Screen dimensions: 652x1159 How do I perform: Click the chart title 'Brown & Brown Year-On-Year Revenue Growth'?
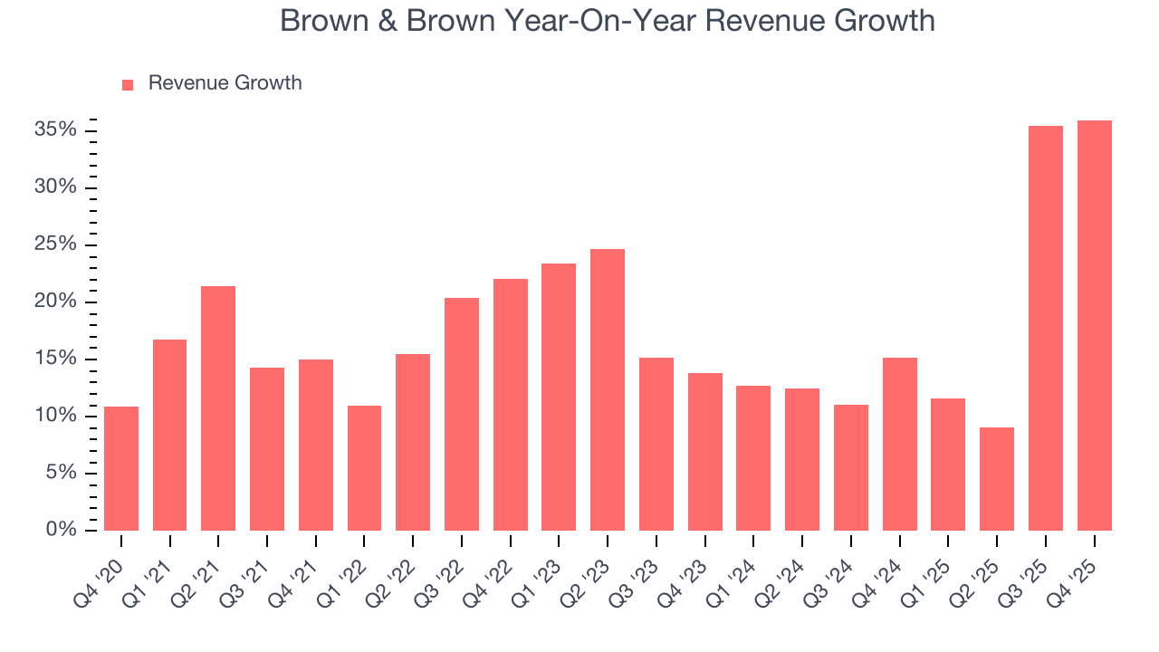click(x=607, y=21)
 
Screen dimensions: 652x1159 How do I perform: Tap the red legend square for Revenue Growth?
click(x=128, y=84)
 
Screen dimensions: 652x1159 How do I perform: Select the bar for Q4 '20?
click(x=121, y=468)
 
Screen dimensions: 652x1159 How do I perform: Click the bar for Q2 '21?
click(x=218, y=407)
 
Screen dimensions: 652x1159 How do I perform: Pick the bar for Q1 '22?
click(x=364, y=467)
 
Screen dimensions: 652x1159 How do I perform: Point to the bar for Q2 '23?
click(x=608, y=389)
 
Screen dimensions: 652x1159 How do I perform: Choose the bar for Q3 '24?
click(x=850, y=467)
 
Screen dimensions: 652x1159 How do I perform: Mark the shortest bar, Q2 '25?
click(x=997, y=478)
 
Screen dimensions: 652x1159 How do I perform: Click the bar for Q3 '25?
click(x=1045, y=328)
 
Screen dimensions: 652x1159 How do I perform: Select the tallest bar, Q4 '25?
click(x=1094, y=325)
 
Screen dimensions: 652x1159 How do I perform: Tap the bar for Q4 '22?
click(x=510, y=404)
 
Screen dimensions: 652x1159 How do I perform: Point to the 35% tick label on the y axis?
click(x=55, y=130)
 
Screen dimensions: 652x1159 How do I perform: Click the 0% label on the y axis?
click(x=61, y=530)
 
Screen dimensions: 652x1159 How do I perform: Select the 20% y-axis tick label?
click(x=55, y=302)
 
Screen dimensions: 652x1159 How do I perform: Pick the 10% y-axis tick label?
click(x=55, y=416)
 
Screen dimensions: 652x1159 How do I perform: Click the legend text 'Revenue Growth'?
click(x=225, y=83)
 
